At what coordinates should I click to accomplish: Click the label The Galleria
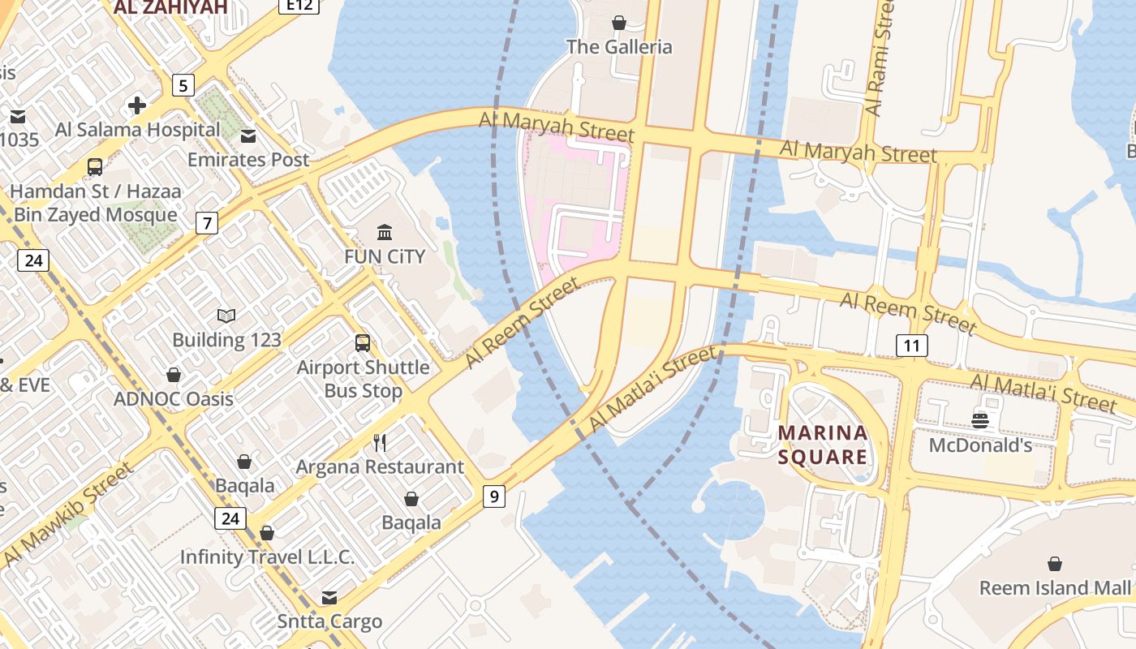pos(619,46)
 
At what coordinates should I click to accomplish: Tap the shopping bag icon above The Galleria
pos(619,23)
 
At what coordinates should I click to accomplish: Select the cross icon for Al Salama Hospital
pos(137,105)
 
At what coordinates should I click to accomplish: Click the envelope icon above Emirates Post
pos(248,135)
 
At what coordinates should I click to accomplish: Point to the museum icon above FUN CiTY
pos(385,233)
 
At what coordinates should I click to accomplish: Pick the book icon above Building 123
pos(226,316)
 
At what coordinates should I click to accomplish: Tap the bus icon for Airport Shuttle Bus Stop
pos(363,343)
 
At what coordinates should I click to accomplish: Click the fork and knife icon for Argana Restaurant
pos(379,442)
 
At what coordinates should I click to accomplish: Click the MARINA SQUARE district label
pos(823,445)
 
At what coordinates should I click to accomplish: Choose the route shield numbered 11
pos(912,346)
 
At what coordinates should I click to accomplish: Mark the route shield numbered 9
pos(493,496)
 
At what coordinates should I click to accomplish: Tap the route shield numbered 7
pos(207,222)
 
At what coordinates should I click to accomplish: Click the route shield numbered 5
pos(183,84)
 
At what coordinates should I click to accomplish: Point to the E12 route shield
pos(299,6)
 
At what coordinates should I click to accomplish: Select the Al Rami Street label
pos(879,57)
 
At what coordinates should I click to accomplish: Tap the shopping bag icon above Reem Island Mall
pos(1055,563)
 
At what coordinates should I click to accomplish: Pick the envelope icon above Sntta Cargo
pos(329,598)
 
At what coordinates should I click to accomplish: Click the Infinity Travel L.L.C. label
pos(267,557)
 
